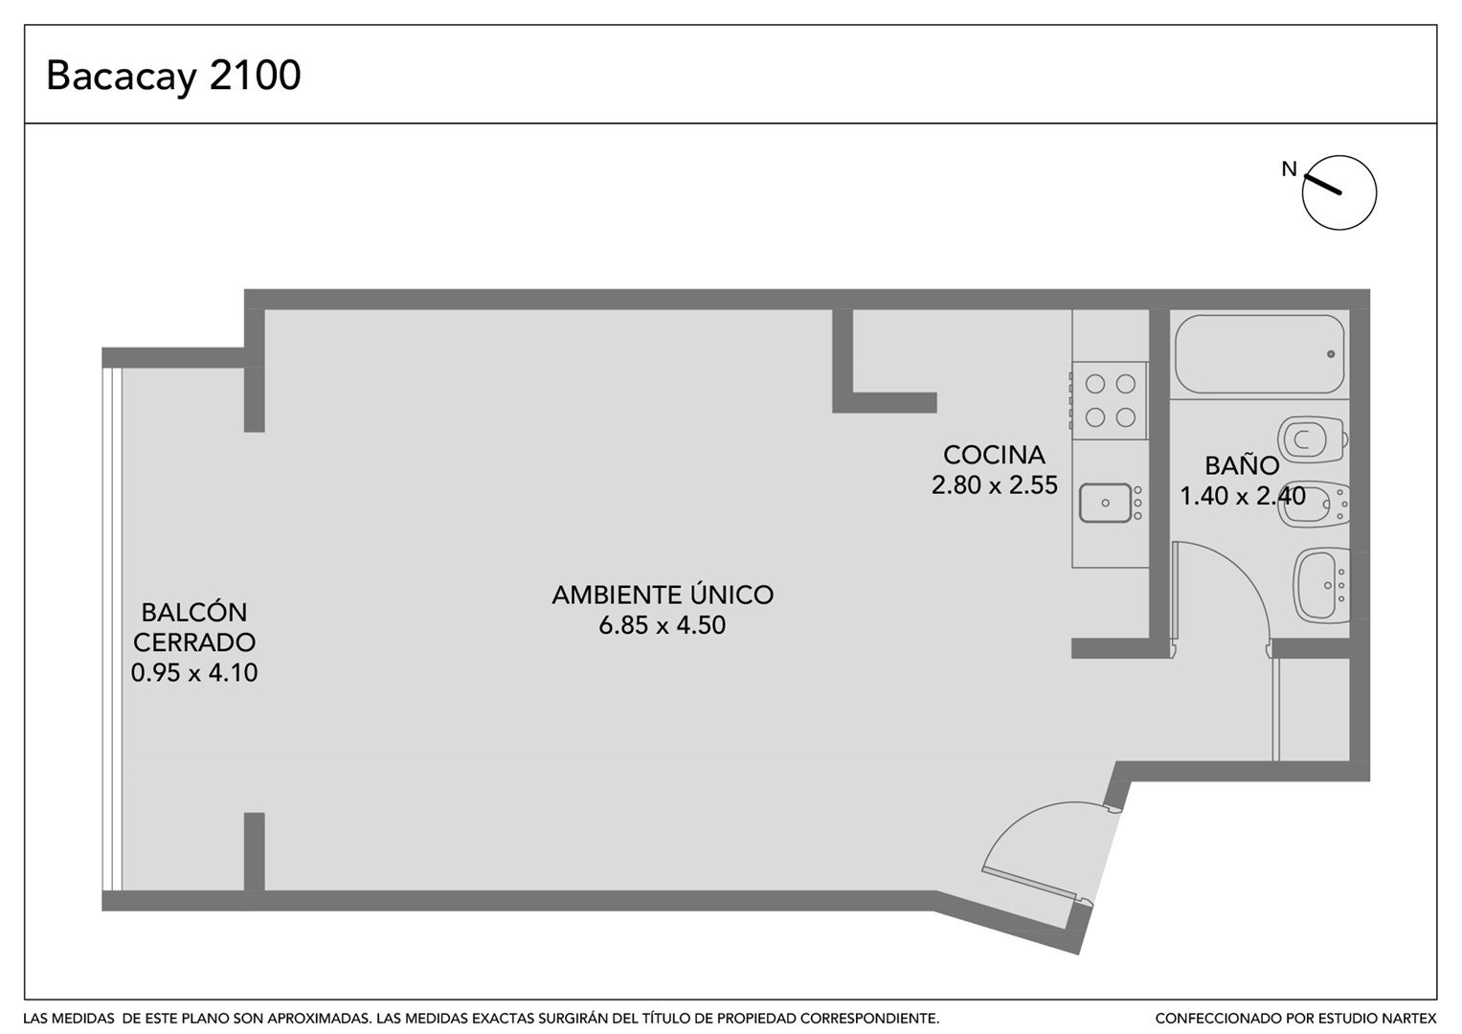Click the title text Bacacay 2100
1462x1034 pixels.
pyautogui.click(x=173, y=76)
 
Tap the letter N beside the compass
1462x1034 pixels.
pyautogui.click(x=1289, y=169)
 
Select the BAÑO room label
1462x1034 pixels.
pyautogui.click(x=1242, y=465)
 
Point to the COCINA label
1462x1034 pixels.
pyautogui.click(x=994, y=455)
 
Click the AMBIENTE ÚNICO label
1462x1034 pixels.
pyautogui.click(x=663, y=595)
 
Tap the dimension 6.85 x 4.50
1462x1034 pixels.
pyautogui.click(x=663, y=625)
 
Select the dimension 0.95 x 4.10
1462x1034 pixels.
pyautogui.click(x=194, y=673)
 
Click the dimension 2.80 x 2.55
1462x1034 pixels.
pyautogui.click(x=994, y=485)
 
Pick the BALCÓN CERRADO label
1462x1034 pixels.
pyautogui.click(x=194, y=627)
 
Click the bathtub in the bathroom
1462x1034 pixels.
pyautogui.click(x=1260, y=354)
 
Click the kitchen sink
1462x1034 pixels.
pyautogui.click(x=1105, y=503)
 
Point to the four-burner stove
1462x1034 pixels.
pyautogui.click(x=1110, y=400)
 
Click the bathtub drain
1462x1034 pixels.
pyautogui.click(x=1331, y=354)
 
